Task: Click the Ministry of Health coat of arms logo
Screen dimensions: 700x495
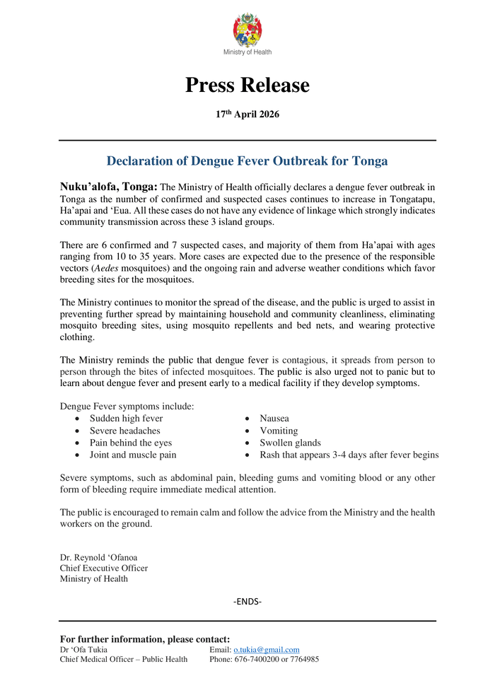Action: point(248,30)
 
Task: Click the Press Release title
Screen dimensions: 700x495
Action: point(248,86)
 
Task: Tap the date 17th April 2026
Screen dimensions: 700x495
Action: point(248,115)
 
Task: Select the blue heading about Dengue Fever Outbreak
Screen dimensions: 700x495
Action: point(247,161)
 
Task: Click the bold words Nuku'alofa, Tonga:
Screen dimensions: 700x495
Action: point(109,187)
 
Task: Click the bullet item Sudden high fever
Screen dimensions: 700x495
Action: point(126,419)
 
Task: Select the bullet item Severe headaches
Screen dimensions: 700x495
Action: point(124,431)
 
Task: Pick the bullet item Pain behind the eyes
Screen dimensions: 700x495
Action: point(130,443)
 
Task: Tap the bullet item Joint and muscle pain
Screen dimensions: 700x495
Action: point(133,455)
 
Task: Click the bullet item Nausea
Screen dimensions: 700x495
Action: point(274,419)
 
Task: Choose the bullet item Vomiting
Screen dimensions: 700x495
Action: point(279,431)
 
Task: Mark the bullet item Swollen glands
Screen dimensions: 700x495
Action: point(290,443)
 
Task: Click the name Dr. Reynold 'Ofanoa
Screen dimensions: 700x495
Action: point(98,557)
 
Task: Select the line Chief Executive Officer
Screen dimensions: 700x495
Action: point(104,568)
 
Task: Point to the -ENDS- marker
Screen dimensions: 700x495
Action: point(248,602)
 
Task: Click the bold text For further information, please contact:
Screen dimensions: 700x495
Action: point(145,639)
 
